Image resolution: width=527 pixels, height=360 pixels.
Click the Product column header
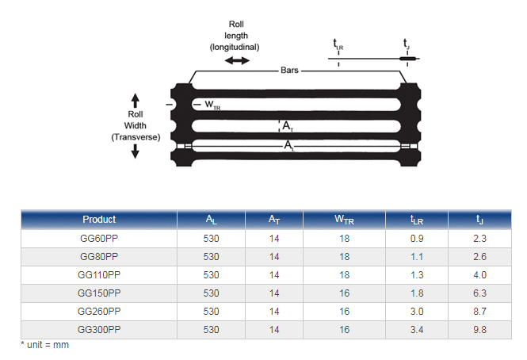(x=99, y=220)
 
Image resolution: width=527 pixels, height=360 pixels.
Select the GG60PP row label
(x=99, y=238)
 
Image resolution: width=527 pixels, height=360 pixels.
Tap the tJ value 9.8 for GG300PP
(x=479, y=329)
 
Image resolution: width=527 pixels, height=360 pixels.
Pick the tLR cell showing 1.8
(x=417, y=293)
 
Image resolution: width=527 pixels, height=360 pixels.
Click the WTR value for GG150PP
(x=344, y=293)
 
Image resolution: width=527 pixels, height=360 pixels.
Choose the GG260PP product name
(x=99, y=311)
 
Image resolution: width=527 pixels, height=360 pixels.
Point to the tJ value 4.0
(x=479, y=275)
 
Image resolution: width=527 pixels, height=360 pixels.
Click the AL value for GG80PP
(x=211, y=257)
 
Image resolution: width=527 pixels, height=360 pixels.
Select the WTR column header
(x=344, y=220)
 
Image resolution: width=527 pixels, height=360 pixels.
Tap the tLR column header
(x=417, y=220)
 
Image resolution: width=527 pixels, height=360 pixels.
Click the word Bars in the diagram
(x=289, y=70)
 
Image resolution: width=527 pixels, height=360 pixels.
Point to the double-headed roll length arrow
(x=237, y=60)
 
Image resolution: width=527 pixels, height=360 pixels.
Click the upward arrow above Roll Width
(x=135, y=101)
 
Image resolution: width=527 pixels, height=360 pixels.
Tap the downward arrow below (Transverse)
(x=135, y=151)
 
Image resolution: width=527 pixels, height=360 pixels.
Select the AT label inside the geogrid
(x=288, y=126)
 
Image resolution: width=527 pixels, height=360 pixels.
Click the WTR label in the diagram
(x=212, y=105)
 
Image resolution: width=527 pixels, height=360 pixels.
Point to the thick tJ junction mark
(x=407, y=59)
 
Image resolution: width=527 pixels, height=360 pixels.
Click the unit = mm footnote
(x=44, y=345)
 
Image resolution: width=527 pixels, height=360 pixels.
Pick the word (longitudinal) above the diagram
(x=235, y=47)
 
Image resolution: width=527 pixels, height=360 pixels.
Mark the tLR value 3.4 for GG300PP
(x=417, y=329)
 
